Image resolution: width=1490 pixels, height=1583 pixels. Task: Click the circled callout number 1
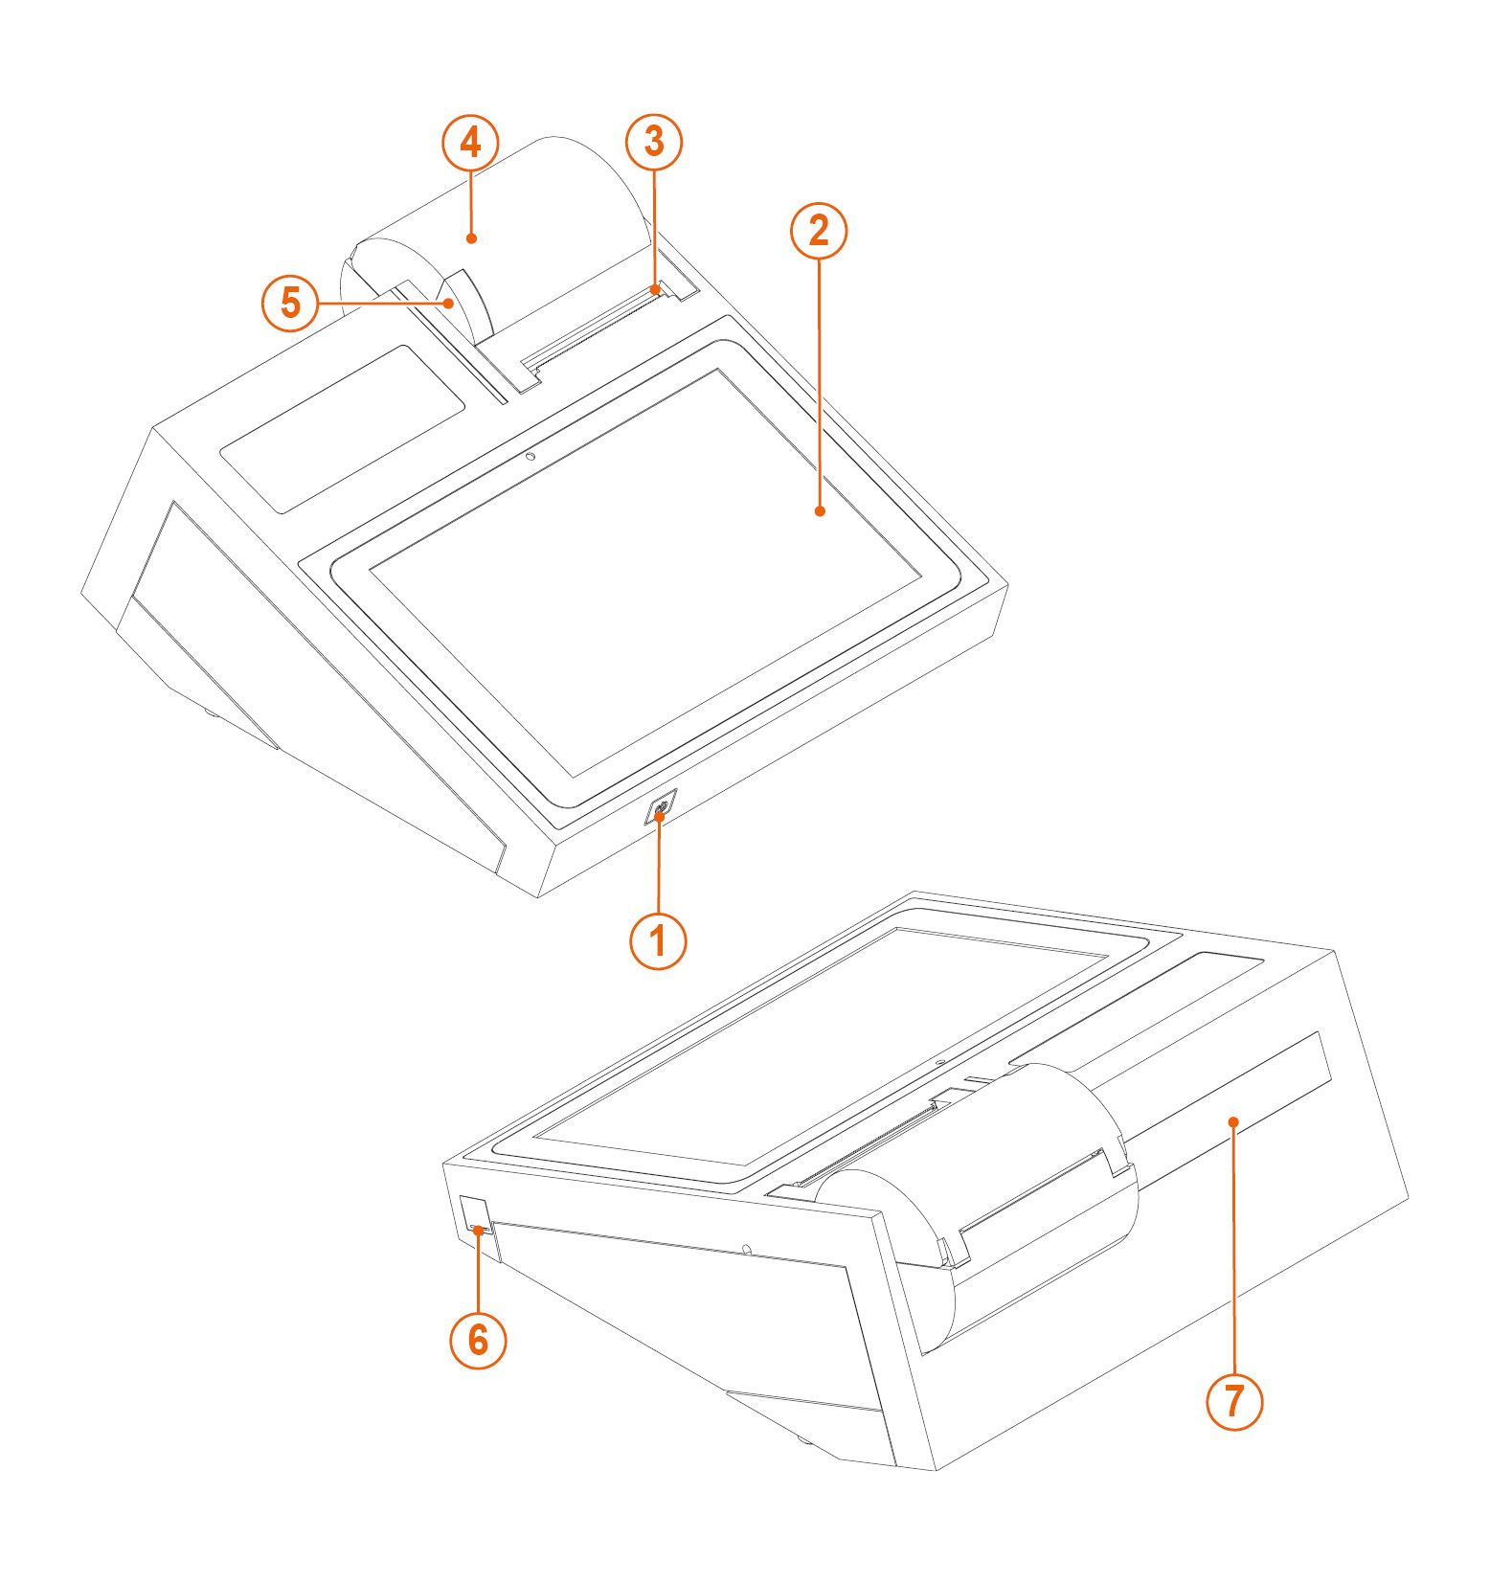[x=658, y=940]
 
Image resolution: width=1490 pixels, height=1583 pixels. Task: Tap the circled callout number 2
[x=819, y=230]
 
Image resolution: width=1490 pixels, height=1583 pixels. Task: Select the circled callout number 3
[x=654, y=142]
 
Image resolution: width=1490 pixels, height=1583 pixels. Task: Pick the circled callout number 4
[x=470, y=143]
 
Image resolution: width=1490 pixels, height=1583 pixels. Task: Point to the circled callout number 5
[x=290, y=303]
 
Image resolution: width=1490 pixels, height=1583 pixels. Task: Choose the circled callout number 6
[x=478, y=1340]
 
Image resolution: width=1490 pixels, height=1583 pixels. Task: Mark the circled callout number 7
[x=1234, y=1402]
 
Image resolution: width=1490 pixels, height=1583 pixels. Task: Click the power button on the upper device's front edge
[x=661, y=807]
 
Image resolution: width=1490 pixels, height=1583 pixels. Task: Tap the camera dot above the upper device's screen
[x=530, y=457]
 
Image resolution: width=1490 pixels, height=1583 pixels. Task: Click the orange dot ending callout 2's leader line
[x=820, y=511]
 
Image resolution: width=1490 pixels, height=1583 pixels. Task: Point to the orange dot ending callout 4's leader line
[x=471, y=237]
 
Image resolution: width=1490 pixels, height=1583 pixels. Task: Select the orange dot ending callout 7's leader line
[x=1234, y=1122]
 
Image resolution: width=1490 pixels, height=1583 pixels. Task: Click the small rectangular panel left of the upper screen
[x=343, y=428]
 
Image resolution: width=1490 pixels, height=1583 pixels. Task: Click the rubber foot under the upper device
[x=210, y=713]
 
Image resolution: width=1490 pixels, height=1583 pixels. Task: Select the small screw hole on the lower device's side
[x=747, y=1250]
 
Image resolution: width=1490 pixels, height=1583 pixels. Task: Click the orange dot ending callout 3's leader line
[x=655, y=288]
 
